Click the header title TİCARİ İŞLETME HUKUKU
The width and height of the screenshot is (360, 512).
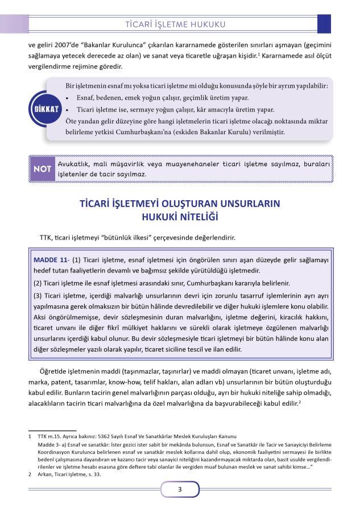click(177, 24)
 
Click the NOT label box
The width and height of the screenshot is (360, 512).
click(42, 169)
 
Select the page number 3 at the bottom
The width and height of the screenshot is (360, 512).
click(180, 489)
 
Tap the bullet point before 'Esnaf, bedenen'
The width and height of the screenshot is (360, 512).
click(68, 97)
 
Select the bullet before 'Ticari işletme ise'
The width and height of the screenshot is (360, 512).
click(68, 110)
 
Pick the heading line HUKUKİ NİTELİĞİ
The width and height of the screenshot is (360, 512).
click(180, 217)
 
